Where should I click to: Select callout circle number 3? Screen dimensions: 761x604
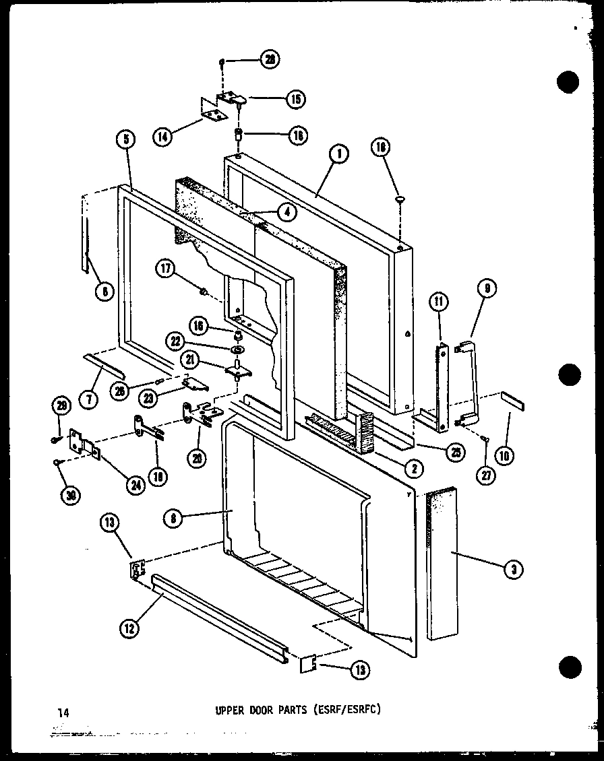click(514, 570)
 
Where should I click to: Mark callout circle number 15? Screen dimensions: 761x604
click(294, 100)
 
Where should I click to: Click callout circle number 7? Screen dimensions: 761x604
click(88, 398)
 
